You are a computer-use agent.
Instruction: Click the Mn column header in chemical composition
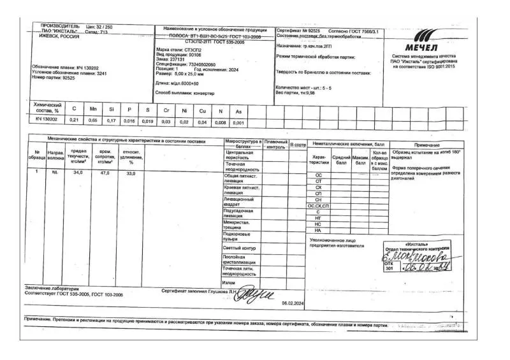click(x=93, y=109)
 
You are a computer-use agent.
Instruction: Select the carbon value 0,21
click(x=73, y=120)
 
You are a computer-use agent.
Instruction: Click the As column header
click(x=238, y=110)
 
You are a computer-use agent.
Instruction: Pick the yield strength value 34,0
click(x=78, y=173)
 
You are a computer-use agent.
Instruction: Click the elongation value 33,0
click(x=131, y=173)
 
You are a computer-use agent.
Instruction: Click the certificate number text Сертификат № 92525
click(x=300, y=30)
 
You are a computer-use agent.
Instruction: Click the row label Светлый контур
click(x=240, y=248)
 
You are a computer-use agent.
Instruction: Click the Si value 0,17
click(x=112, y=120)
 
